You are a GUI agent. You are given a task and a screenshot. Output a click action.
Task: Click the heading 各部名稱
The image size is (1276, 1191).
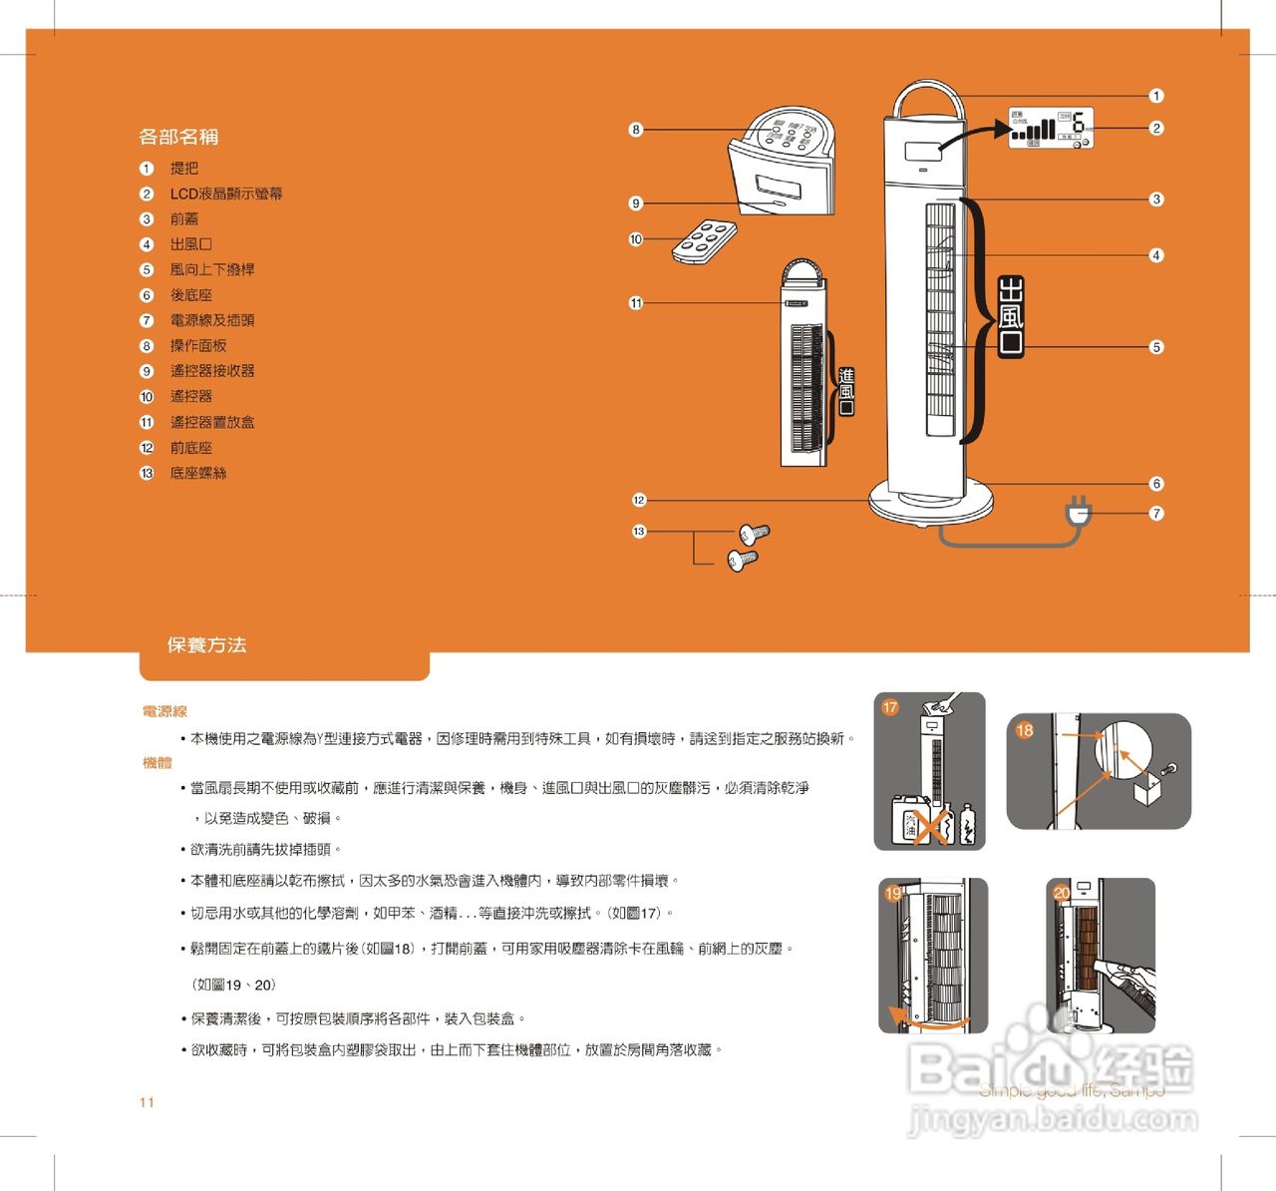click(x=178, y=137)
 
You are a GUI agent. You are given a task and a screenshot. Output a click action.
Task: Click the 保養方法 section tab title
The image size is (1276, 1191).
click(x=206, y=645)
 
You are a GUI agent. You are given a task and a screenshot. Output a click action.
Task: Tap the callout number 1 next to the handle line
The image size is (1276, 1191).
click(x=1156, y=96)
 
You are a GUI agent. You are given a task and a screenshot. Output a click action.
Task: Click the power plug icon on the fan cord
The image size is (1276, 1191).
click(x=1079, y=513)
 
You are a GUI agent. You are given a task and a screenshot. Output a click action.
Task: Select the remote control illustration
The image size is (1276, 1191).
click(x=704, y=241)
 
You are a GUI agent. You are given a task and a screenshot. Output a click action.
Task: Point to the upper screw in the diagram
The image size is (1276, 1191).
click(x=754, y=533)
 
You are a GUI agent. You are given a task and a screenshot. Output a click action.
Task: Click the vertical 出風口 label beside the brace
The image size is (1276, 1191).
click(x=1011, y=317)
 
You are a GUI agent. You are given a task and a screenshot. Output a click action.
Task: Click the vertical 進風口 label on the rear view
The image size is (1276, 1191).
click(x=846, y=391)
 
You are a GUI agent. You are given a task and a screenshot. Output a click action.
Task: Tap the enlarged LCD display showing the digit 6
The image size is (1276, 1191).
click(x=1051, y=128)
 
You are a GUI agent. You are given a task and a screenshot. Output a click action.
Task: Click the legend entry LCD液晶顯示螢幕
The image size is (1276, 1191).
click(x=225, y=194)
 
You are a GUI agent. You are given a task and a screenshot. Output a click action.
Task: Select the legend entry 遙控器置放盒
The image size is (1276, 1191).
click(x=211, y=422)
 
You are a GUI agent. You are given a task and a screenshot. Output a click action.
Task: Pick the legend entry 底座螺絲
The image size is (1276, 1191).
click(x=197, y=473)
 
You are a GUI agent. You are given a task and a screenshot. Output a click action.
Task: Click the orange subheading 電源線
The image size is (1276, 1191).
click(x=164, y=711)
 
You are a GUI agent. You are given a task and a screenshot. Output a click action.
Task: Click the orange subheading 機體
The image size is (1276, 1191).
click(x=158, y=762)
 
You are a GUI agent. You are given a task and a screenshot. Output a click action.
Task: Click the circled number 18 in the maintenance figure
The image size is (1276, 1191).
click(x=1025, y=730)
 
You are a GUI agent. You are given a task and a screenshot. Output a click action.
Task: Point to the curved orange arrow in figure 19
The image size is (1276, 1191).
click(x=927, y=1020)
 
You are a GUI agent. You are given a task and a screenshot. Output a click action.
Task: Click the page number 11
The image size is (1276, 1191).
click(x=147, y=1102)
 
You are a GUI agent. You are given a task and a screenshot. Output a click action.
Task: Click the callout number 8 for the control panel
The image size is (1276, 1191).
click(x=636, y=130)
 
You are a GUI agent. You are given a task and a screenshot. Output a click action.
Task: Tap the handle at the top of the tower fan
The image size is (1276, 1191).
click(x=927, y=97)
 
